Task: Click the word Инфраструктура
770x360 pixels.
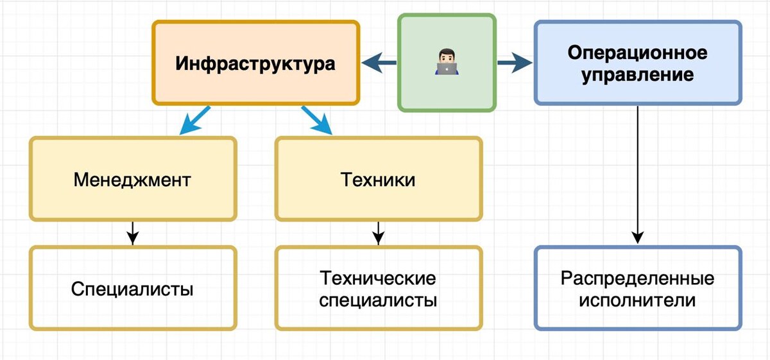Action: click(255, 64)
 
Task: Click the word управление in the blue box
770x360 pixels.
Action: click(637, 74)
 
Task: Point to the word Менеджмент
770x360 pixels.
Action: click(132, 179)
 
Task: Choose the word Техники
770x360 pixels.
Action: click(377, 179)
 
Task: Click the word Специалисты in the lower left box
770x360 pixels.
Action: click(132, 289)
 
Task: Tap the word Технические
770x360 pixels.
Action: click(378, 279)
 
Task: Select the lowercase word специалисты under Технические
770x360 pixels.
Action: click(378, 300)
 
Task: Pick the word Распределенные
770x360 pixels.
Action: click(637, 279)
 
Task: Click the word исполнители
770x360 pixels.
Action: click(637, 300)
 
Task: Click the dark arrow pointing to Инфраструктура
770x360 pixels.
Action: click(379, 63)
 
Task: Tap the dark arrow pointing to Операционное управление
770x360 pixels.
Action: click(515, 63)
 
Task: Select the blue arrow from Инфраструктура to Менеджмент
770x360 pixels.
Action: click(194, 120)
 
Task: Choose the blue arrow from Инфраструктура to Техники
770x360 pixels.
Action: click(316, 120)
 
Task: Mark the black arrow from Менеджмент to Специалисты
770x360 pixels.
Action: click(132, 233)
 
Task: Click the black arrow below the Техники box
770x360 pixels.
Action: click(378, 233)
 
